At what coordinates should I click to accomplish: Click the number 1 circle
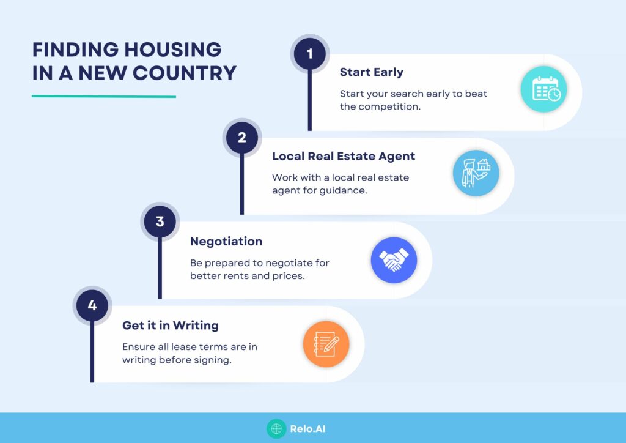coord(309,53)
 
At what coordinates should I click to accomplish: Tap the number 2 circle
coord(241,137)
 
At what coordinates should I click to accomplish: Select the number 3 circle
coord(160,221)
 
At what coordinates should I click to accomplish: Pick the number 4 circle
coord(92,305)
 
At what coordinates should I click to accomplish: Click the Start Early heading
coord(371,72)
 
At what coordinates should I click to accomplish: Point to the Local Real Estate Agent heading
coord(344,156)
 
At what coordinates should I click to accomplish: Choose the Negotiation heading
coord(226,241)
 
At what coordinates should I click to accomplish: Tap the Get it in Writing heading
coord(171,325)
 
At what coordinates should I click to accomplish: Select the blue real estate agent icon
coord(476,173)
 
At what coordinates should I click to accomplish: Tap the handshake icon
coord(394,260)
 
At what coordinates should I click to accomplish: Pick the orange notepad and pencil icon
coord(326,344)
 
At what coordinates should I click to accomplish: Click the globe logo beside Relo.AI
coord(276,428)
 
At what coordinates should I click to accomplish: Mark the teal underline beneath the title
coord(103,96)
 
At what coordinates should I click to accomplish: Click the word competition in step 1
coord(397,106)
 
